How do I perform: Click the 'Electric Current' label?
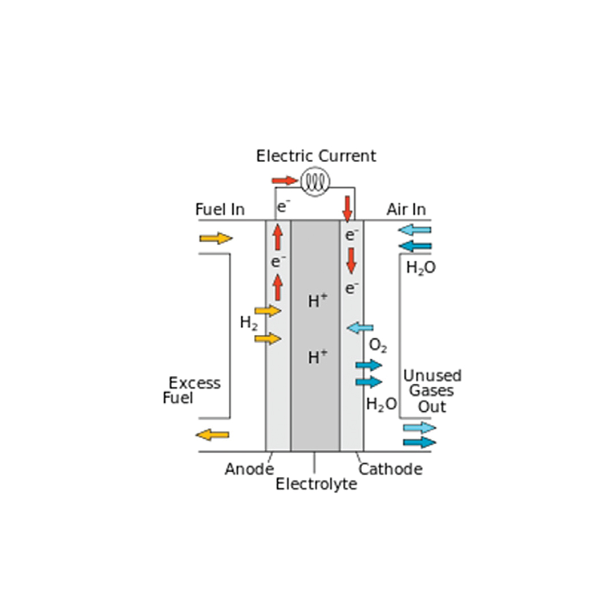point(316,156)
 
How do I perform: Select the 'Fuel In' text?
point(220,209)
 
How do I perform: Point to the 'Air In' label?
point(406,209)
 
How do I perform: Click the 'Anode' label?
point(249,469)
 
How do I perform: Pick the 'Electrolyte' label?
point(317,484)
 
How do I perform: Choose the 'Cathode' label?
point(391,469)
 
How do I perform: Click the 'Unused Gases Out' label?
point(432,391)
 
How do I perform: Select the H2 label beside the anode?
point(249,323)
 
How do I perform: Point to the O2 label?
point(378,346)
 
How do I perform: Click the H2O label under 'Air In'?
point(421,268)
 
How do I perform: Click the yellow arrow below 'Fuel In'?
point(216,238)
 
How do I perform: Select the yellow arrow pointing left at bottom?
point(212,435)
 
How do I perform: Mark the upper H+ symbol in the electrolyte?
point(318,301)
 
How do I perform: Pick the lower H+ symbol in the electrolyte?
point(318,357)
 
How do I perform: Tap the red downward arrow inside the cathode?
point(351,260)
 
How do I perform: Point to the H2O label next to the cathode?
point(381,404)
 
